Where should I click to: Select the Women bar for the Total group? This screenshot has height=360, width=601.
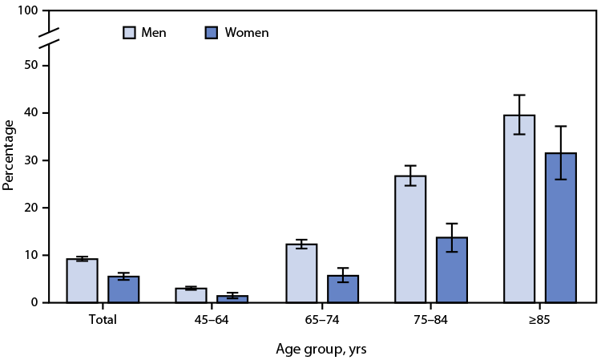tap(123, 289)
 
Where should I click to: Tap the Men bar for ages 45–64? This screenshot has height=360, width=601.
tap(192, 295)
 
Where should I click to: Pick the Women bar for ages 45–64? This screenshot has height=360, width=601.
tap(232, 299)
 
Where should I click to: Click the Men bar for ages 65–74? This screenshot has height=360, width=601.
tap(301, 273)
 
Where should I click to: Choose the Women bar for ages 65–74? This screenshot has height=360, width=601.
tap(342, 289)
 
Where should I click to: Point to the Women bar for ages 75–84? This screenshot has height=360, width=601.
tap(451, 270)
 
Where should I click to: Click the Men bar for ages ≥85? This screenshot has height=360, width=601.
tap(519, 208)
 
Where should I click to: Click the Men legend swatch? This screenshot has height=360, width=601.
tap(129, 33)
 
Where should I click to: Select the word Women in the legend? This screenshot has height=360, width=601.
tap(246, 33)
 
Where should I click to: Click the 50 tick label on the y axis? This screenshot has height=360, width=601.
tap(30, 66)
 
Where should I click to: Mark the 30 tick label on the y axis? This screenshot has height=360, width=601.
tap(30, 160)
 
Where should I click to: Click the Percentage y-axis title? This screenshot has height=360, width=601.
tap(9, 155)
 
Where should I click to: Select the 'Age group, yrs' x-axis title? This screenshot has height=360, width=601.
tap(321, 349)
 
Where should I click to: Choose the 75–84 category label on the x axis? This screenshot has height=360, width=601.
tap(431, 319)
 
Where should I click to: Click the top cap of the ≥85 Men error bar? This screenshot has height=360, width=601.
tap(519, 95)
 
